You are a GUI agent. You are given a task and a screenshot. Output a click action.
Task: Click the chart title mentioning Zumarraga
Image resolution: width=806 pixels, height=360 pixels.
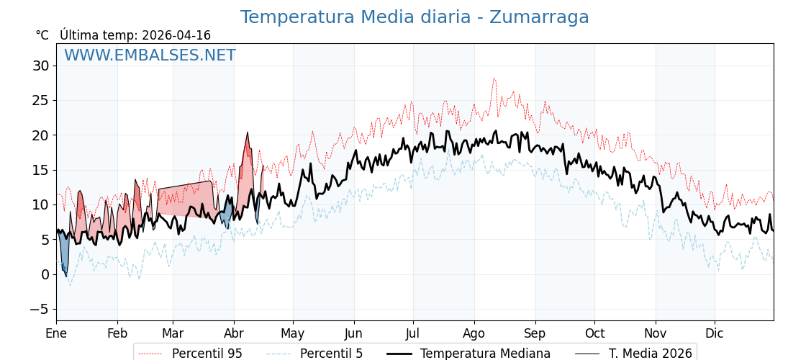[x=415, y=17]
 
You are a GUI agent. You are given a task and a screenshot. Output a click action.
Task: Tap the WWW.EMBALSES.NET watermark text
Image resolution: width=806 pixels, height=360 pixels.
[x=150, y=55]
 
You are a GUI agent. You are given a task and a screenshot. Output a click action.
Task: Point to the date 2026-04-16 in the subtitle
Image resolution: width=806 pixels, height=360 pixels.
[x=176, y=35]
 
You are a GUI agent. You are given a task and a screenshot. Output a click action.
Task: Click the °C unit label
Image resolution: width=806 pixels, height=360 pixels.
[x=42, y=35]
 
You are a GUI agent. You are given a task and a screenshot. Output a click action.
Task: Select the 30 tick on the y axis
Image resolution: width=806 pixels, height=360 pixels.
[x=40, y=66]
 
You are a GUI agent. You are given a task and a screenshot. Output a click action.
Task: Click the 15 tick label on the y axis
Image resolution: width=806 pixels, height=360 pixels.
[x=40, y=170]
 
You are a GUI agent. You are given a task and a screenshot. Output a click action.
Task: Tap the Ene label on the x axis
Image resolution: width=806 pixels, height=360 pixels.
[x=56, y=333]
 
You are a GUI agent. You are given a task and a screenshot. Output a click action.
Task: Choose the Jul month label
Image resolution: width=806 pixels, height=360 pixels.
[x=413, y=333]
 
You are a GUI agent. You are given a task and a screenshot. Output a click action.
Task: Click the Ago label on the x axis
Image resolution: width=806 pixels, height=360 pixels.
[x=474, y=333]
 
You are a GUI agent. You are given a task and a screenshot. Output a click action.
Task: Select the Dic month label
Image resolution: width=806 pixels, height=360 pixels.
[x=715, y=333]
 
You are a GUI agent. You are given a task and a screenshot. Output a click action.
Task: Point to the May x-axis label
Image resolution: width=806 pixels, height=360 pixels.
[x=293, y=333]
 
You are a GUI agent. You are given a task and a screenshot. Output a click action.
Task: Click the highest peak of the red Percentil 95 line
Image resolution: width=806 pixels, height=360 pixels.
[x=494, y=78]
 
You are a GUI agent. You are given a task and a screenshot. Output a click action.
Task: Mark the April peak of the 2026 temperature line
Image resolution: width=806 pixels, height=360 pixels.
[x=248, y=132]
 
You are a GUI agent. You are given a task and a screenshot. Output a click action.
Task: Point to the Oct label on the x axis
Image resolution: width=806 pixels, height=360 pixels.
[x=594, y=333]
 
